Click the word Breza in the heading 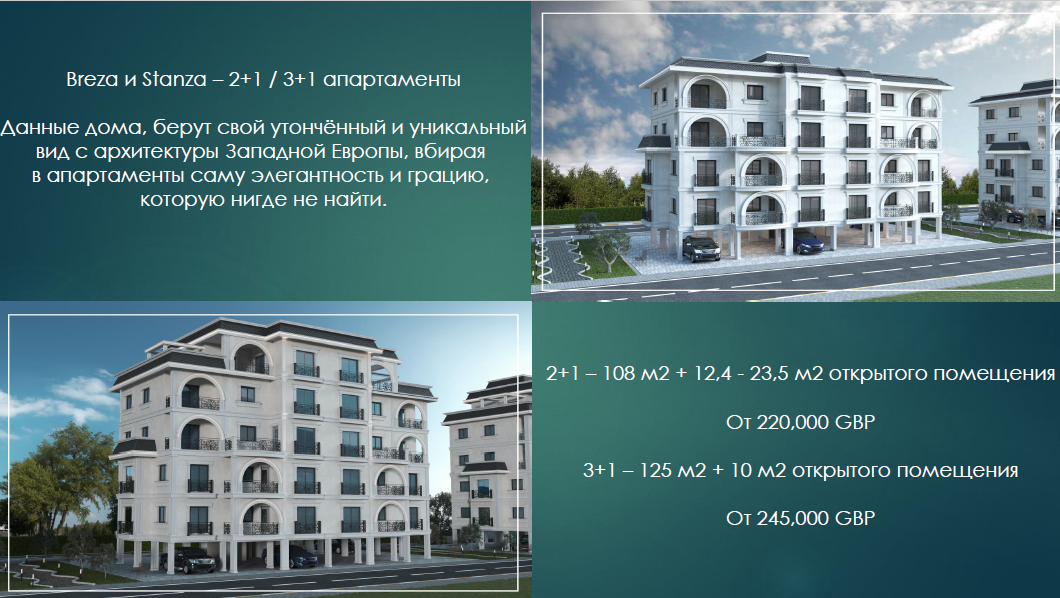[92, 80]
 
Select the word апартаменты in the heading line [392, 80]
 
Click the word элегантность [314, 176]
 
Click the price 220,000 [793, 422]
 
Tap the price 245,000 [793, 518]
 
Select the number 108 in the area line [619, 374]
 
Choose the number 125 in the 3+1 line [655, 470]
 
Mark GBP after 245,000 [855, 518]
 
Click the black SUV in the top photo [701, 248]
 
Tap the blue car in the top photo [808, 243]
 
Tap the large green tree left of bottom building [62, 473]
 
